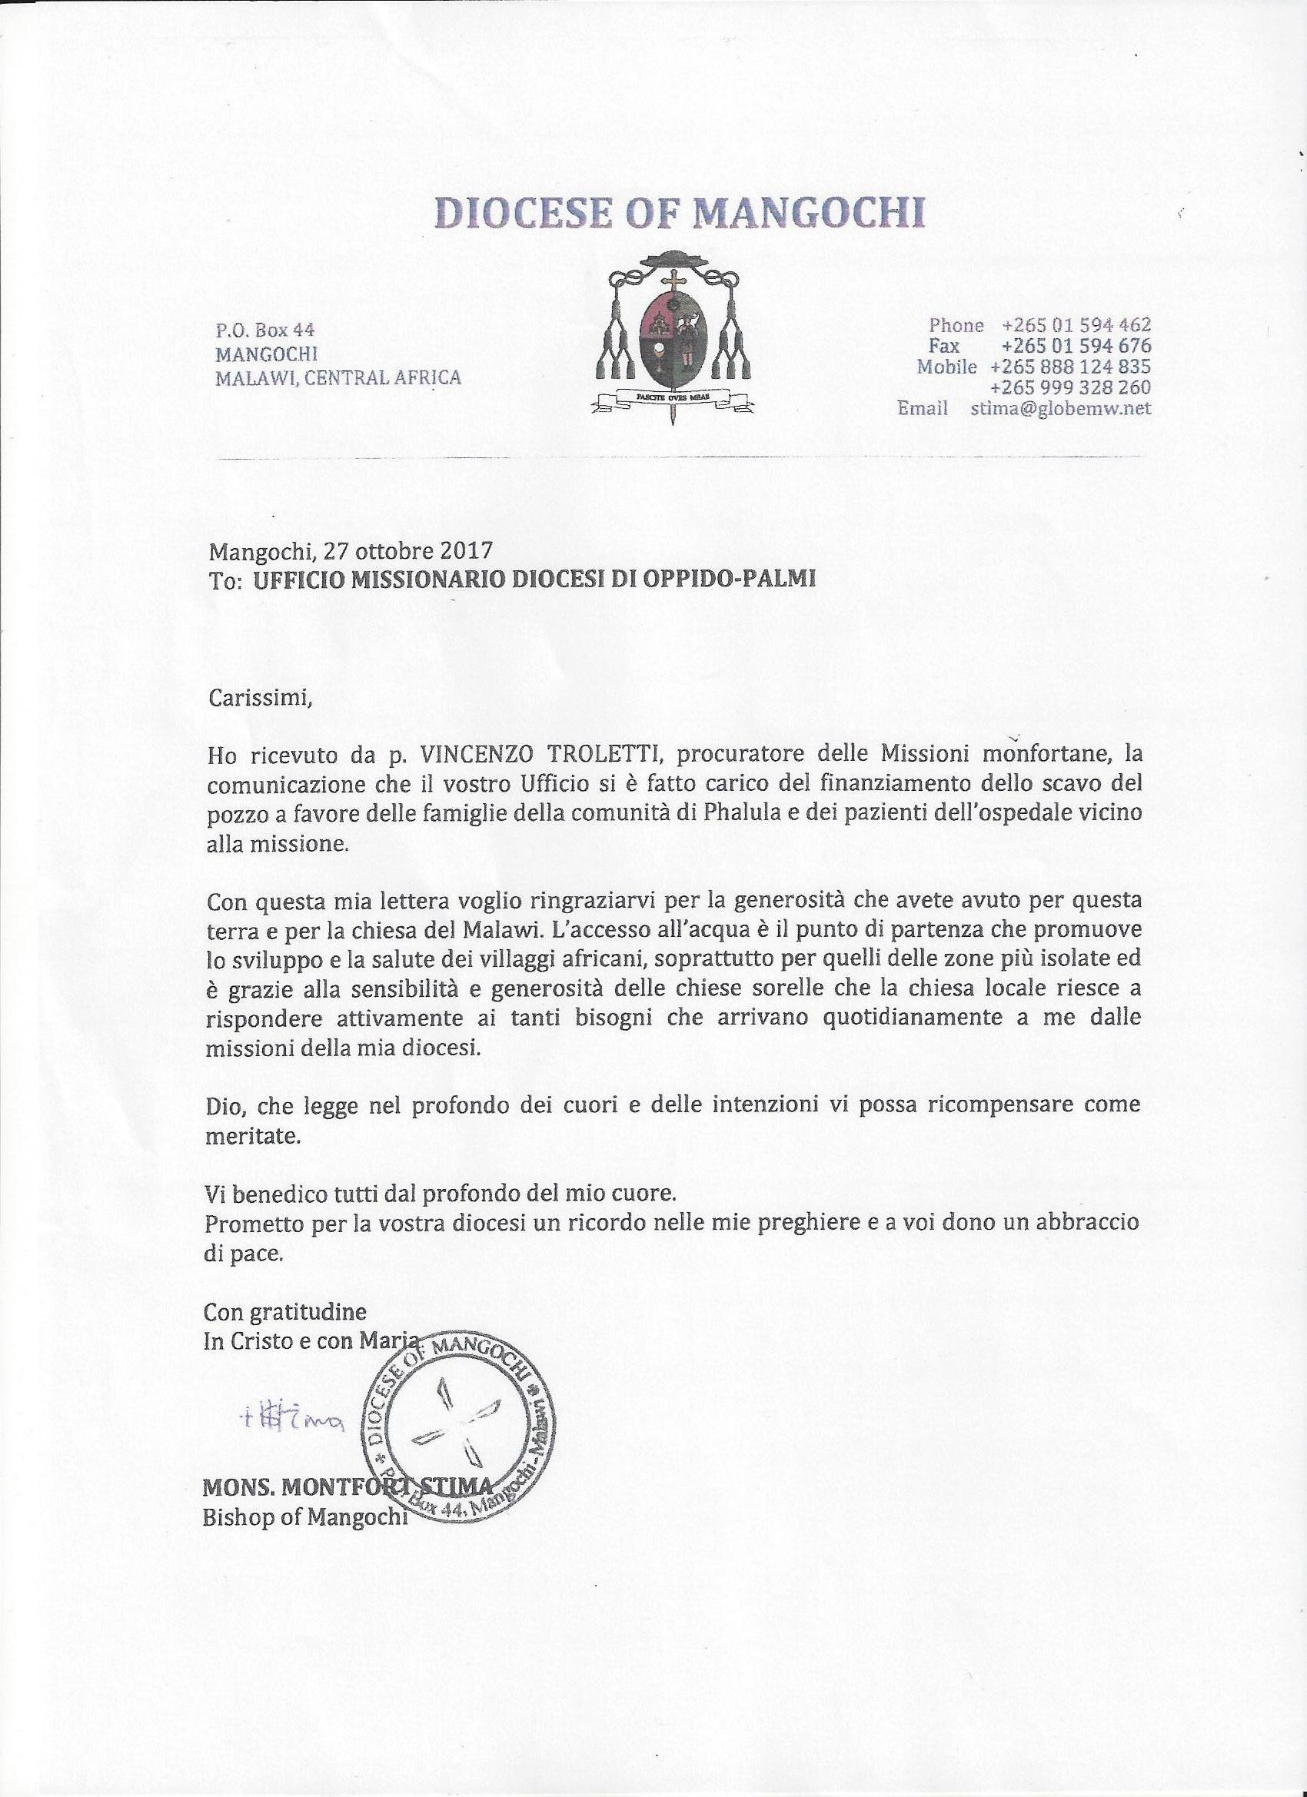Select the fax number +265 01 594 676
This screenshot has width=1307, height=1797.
coord(1076,346)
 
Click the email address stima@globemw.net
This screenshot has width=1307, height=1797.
coord(1060,409)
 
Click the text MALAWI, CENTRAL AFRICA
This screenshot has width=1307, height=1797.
coord(338,377)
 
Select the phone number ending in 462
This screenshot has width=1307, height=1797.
coord(1076,325)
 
